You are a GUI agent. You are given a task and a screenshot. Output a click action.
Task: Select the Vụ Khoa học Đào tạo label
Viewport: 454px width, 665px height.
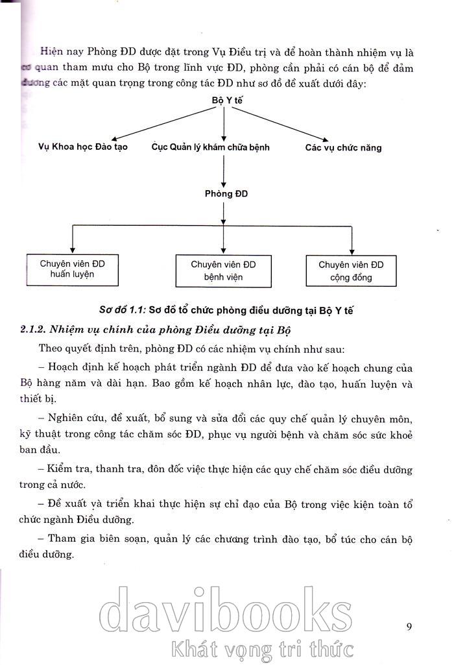(83, 147)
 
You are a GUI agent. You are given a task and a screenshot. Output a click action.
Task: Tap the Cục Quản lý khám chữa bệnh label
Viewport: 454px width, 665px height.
(210, 147)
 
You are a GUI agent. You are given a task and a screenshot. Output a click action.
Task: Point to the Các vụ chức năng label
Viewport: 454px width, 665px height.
(343, 148)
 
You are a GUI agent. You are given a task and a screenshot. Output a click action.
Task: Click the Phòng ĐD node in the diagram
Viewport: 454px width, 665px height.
(226, 193)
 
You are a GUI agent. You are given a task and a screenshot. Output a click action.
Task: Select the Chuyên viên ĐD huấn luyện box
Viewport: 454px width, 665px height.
(72, 269)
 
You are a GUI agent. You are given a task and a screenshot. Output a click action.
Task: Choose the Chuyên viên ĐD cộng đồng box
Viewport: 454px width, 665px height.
(351, 271)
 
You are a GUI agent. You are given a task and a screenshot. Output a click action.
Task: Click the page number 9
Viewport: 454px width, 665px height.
(409, 626)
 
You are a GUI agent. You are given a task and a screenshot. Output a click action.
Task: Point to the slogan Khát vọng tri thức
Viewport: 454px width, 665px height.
(259, 648)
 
